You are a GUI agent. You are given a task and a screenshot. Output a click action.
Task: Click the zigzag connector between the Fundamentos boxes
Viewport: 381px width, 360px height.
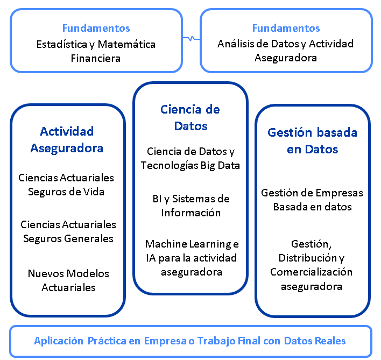(x=191, y=38)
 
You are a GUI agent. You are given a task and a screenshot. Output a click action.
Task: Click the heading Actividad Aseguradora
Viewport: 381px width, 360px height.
(x=67, y=140)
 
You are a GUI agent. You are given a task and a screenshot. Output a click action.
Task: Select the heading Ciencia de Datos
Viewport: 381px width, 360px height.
(x=190, y=117)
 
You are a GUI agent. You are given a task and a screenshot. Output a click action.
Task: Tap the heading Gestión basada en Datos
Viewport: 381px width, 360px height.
(x=313, y=140)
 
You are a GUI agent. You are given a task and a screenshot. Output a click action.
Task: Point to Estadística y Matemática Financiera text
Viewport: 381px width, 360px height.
(x=96, y=51)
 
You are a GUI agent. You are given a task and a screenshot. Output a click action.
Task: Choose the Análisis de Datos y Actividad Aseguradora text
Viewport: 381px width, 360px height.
(x=286, y=51)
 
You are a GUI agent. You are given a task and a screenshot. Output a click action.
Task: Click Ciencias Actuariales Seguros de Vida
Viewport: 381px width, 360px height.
(x=66, y=185)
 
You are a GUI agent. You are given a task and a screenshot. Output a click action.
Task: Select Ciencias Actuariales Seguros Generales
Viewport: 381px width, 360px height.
(x=68, y=231)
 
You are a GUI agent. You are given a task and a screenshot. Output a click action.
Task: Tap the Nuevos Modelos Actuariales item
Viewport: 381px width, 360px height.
(x=68, y=280)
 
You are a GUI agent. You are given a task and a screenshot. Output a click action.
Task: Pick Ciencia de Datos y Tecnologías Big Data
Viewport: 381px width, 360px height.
(x=190, y=158)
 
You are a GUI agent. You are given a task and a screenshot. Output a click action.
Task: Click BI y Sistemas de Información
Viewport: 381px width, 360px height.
(x=191, y=206)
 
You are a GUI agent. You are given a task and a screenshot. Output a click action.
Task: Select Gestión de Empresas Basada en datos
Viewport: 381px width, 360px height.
(x=312, y=200)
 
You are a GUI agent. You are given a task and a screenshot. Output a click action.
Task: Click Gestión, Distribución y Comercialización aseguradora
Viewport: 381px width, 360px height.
(x=311, y=265)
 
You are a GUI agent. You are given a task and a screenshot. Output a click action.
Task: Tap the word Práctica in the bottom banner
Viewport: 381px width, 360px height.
(x=107, y=341)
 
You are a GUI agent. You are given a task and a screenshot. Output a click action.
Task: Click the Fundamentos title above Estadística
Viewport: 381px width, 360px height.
(x=96, y=28)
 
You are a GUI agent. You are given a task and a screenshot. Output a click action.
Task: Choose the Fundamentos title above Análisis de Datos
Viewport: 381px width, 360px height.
(x=286, y=28)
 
